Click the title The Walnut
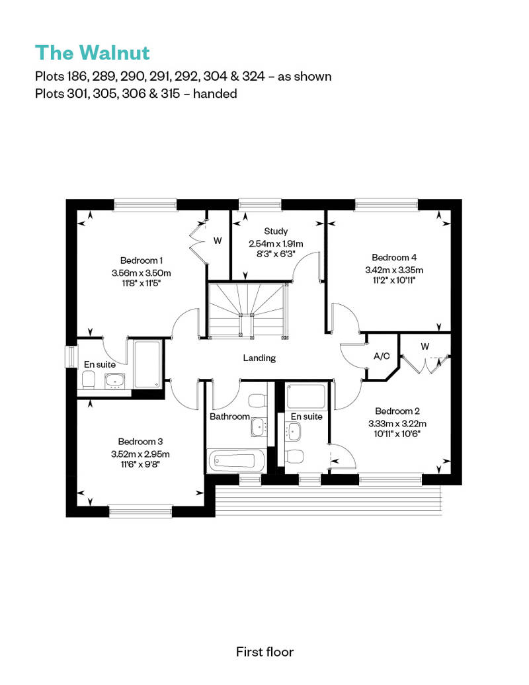pyautogui.click(x=92, y=52)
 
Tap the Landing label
pyautogui.click(x=259, y=358)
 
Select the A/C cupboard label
pyautogui.click(x=382, y=356)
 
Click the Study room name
pyautogui.click(x=276, y=231)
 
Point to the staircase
pyautogui.click(x=248, y=309)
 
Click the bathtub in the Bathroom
pyautogui.click(x=237, y=461)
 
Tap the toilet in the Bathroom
pyautogui.click(x=257, y=400)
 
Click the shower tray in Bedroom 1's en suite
pyautogui.click(x=147, y=364)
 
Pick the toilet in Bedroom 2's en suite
pyautogui.click(x=294, y=457)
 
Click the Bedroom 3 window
pyautogui.click(x=141, y=511)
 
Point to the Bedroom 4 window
pyautogui.click(x=386, y=204)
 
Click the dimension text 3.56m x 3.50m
pyautogui.click(x=141, y=273)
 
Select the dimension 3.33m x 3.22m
pyautogui.click(x=397, y=423)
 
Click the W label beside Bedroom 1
pyautogui.click(x=218, y=241)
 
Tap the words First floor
pyautogui.click(x=264, y=652)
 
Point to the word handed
pyautogui.click(x=215, y=93)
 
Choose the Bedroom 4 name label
pyautogui.click(x=394, y=257)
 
